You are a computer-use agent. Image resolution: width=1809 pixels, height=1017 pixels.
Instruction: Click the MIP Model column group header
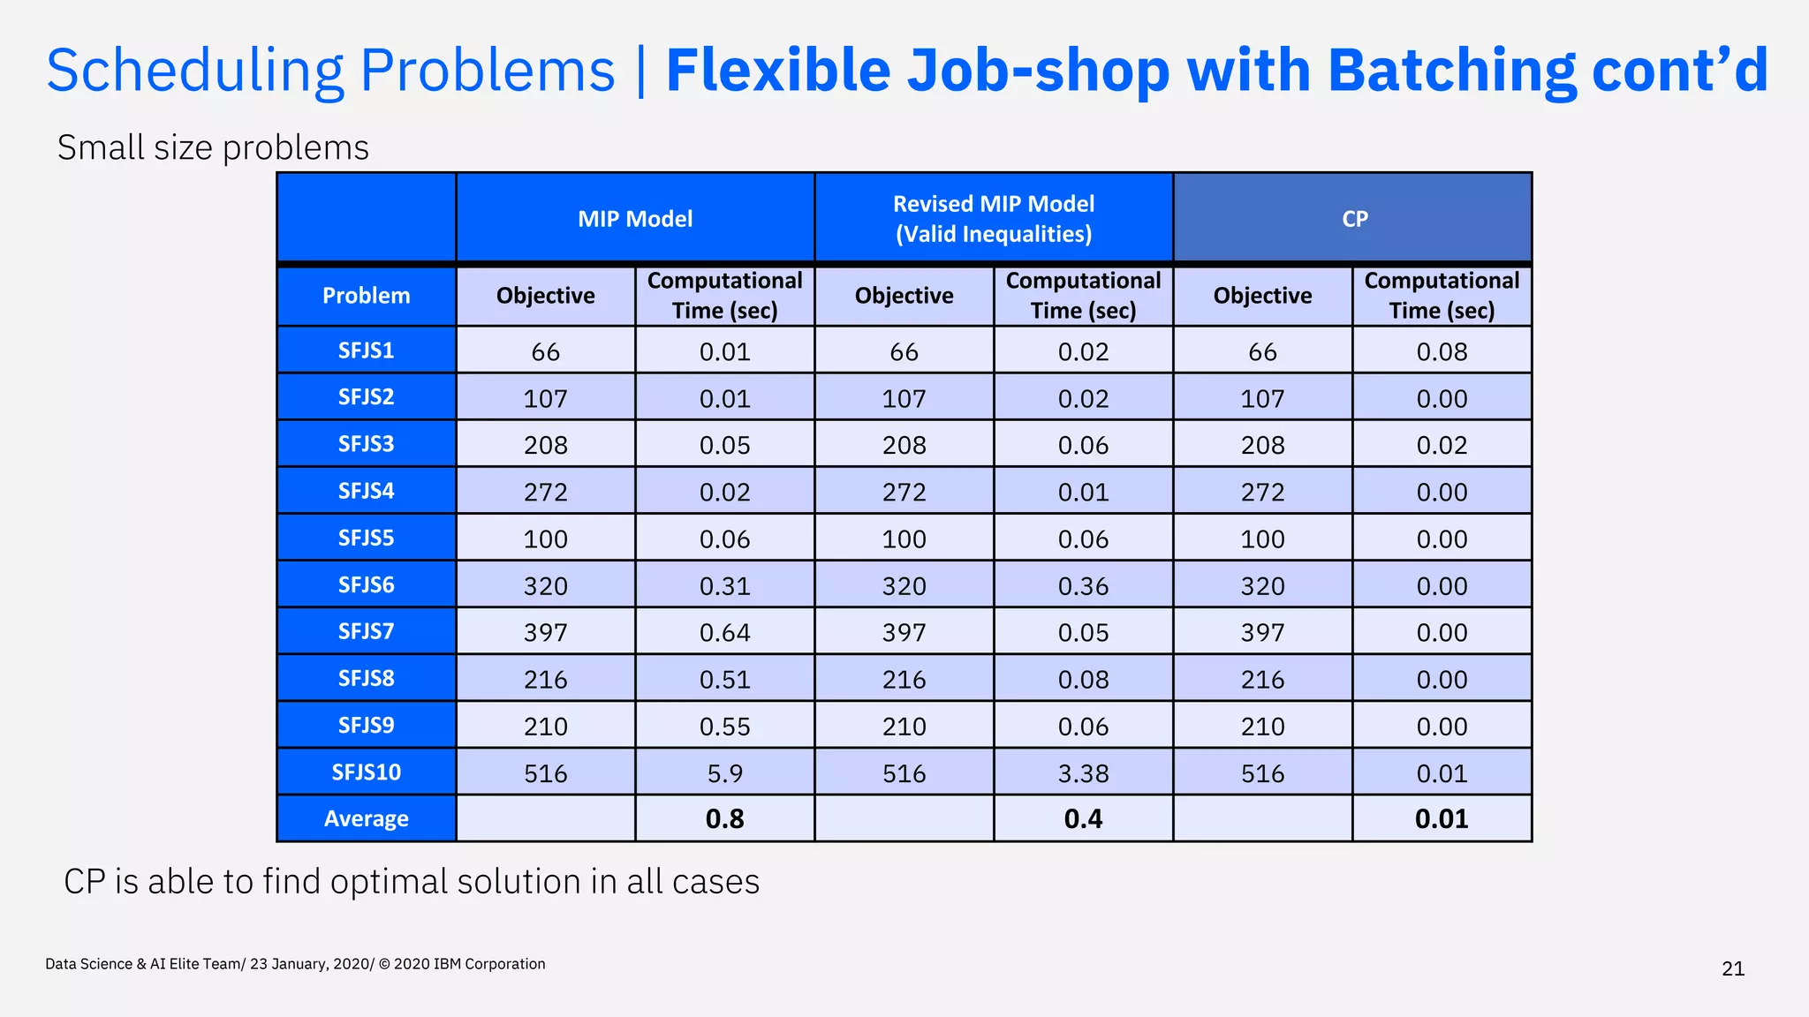pyautogui.click(x=635, y=219)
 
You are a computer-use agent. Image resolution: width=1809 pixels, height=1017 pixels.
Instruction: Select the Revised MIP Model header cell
pyautogui.click(x=994, y=219)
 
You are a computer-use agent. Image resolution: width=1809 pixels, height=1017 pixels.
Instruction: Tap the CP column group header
pyautogui.click(x=1354, y=219)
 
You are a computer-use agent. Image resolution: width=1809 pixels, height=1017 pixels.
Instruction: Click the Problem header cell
pyautogui.click(x=366, y=296)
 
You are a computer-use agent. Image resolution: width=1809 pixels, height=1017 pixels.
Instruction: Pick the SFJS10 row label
pyautogui.click(x=366, y=772)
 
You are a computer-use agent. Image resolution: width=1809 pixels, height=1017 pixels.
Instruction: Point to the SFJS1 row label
pyautogui.click(x=366, y=350)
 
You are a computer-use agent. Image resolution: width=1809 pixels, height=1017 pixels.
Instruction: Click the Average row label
pyautogui.click(x=366, y=818)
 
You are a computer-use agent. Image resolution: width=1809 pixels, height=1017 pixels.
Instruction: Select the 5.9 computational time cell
pyautogui.click(x=724, y=773)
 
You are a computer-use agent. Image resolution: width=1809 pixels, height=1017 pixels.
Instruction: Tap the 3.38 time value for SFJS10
pyautogui.click(x=1083, y=773)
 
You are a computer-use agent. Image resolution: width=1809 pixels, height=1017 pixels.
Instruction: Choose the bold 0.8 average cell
pyautogui.click(x=724, y=819)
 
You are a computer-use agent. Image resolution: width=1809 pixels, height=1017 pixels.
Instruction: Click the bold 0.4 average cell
pyautogui.click(x=1083, y=819)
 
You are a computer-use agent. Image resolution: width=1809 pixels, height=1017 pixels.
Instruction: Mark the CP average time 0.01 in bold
pyautogui.click(x=1442, y=819)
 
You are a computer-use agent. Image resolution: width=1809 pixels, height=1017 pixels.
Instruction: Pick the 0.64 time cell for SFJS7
pyautogui.click(x=724, y=633)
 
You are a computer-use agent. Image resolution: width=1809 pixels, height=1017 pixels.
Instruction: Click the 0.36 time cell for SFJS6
pyautogui.click(x=1083, y=586)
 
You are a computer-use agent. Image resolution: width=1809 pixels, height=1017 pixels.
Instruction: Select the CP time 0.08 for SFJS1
pyautogui.click(x=1442, y=352)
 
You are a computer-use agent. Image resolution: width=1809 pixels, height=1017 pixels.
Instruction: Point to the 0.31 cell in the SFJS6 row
pyautogui.click(x=724, y=586)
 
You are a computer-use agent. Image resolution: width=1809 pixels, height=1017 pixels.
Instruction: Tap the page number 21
pyautogui.click(x=1733, y=969)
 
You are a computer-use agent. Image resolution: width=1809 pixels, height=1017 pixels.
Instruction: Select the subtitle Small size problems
pyautogui.click(x=213, y=147)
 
